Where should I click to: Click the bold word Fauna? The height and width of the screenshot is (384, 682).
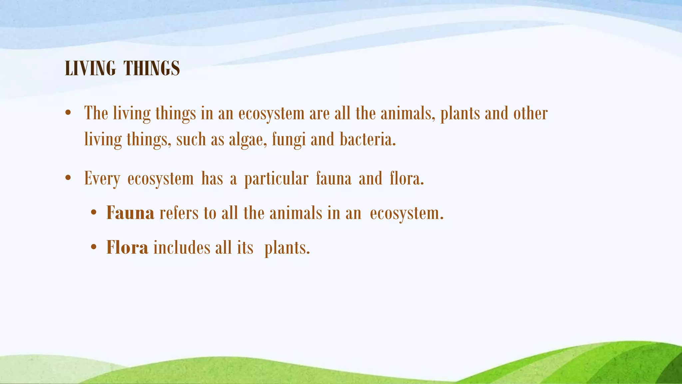click(x=130, y=213)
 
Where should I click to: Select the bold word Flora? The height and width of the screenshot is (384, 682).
click(x=127, y=247)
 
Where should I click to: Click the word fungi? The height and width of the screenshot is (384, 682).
click(x=289, y=139)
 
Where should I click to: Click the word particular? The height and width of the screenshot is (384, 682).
click(x=276, y=179)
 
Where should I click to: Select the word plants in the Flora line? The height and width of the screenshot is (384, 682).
click(x=287, y=248)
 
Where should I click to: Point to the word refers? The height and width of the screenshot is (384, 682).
click(x=179, y=213)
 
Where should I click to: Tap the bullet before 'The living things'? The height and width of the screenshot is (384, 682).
click(x=68, y=113)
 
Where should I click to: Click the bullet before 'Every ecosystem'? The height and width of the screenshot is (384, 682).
click(x=68, y=178)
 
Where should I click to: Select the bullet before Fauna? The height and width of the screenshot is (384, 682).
click(x=94, y=213)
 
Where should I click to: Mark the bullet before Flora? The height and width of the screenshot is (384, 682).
click(x=94, y=247)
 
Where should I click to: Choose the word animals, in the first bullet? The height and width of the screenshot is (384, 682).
click(x=408, y=113)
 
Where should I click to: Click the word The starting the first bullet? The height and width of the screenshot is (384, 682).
click(x=96, y=113)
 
